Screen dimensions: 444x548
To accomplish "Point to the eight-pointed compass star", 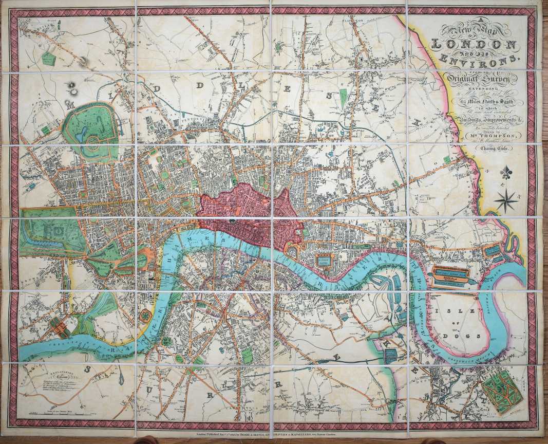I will click(x=506, y=199).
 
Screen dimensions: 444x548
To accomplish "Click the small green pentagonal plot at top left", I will click(x=48, y=59).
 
